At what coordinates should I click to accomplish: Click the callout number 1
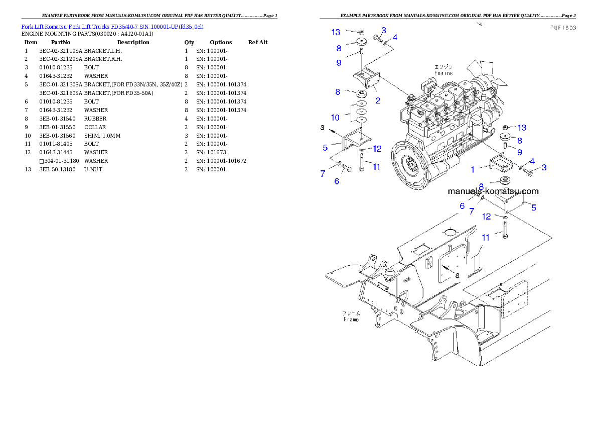point(472,170)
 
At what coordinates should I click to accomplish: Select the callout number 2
point(377,100)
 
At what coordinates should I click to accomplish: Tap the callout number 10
point(335,118)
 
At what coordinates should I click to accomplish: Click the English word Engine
point(443,73)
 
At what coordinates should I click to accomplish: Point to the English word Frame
point(351,319)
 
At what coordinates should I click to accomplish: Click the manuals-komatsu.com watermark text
point(493,191)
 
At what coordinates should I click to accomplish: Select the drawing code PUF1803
point(562,28)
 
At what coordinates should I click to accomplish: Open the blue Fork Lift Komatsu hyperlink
point(112,26)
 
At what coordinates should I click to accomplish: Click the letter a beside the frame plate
point(457,275)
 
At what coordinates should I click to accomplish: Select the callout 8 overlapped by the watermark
point(481,186)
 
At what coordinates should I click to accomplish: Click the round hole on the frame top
point(450,232)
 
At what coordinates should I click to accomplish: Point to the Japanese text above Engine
point(443,67)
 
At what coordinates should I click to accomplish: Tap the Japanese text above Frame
point(351,313)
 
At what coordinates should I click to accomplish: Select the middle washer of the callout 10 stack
point(360,111)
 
